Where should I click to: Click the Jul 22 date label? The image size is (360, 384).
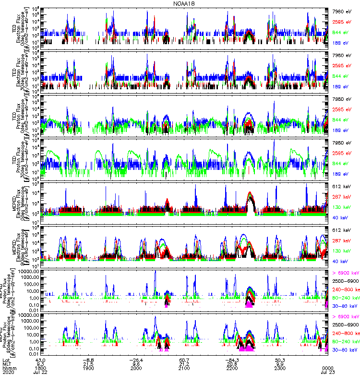(40, 373)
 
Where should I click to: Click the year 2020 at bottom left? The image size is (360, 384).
(8, 373)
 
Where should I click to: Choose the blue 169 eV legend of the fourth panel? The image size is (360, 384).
(343, 174)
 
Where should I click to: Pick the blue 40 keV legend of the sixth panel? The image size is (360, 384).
(343, 262)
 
